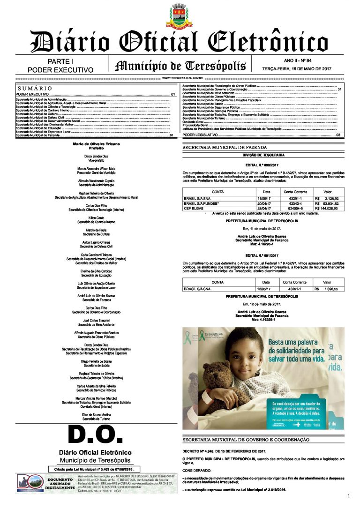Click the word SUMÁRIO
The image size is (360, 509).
pos(35,89)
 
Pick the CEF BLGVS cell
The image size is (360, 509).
pos(195,208)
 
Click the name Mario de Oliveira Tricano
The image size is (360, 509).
pos(96,143)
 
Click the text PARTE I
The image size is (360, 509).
pos(60,61)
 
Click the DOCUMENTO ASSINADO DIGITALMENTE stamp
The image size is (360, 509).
pos(60,484)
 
